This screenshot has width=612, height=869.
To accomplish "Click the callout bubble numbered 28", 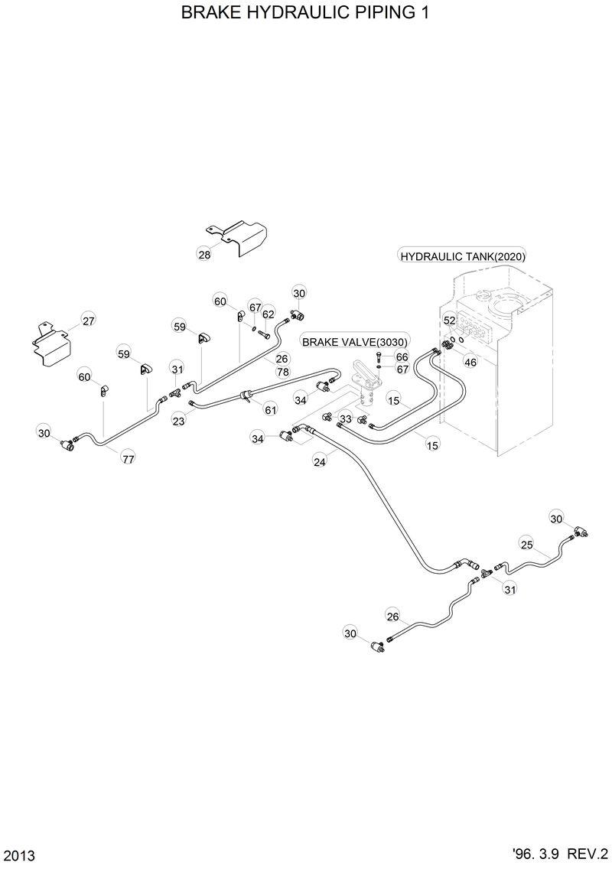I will click(204, 255).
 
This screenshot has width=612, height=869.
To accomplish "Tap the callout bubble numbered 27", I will click(89, 321).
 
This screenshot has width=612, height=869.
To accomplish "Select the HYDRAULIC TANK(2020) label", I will click(463, 256).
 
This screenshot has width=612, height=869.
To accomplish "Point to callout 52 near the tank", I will click(450, 321).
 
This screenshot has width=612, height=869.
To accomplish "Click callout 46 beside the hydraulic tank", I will click(470, 362).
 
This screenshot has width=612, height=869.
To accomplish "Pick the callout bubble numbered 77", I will click(128, 459).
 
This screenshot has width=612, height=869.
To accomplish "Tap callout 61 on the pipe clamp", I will click(270, 410).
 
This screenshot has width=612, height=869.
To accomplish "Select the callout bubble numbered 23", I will click(178, 420).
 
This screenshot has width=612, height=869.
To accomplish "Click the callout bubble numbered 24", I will click(320, 461).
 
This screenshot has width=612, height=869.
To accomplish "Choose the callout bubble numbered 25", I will click(526, 545).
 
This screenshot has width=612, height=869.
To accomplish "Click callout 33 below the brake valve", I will click(346, 419).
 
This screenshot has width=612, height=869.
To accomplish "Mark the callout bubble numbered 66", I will click(402, 357).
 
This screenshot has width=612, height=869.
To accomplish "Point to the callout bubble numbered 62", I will click(268, 314).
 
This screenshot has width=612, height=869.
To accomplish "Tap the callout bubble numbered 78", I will click(282, 372).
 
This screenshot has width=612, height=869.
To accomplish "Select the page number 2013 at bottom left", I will click(19, 854).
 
